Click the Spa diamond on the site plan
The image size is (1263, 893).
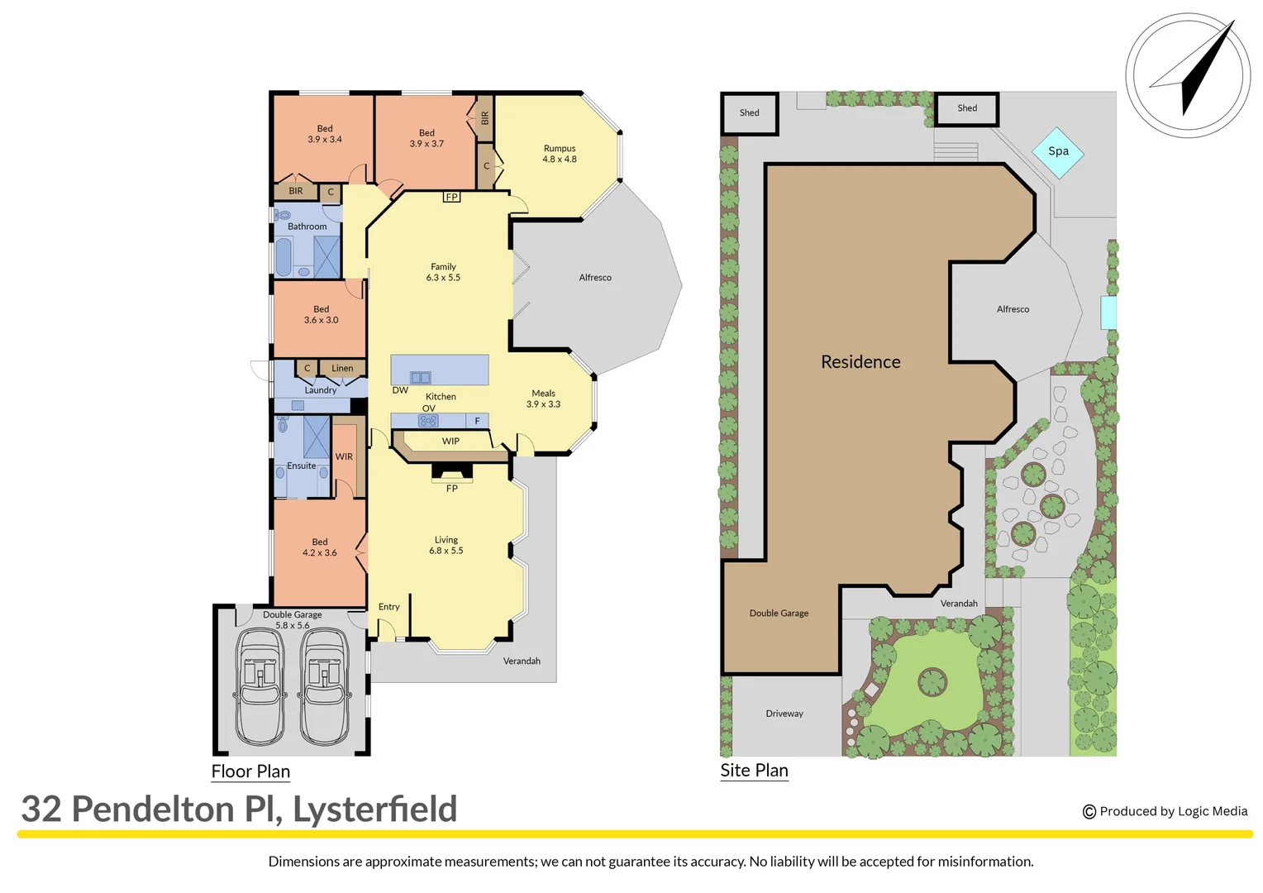(1057, 152)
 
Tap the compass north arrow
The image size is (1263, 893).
(1198, 71)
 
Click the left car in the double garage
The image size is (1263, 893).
(260, 686)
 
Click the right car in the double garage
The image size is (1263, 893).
(324, 686)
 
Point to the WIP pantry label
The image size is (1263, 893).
(450, 442)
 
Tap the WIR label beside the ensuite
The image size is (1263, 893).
(344, 456)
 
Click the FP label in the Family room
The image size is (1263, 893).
(451, 197)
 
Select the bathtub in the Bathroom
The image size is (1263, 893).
(284, 257)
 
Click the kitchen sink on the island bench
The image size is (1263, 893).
(420, 378)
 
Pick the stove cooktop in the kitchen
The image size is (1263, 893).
(428, 421)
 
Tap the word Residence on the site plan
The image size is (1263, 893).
(860, 362)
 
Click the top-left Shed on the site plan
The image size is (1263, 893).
(750, 113)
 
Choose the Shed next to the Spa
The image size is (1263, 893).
(967, 108)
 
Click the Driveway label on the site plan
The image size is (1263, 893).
(784, 714)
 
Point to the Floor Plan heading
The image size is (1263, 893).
(250, 771)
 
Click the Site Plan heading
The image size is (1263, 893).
(754, 771)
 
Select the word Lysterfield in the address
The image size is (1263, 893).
(374, 809)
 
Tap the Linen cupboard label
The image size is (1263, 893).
(342, 369)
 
